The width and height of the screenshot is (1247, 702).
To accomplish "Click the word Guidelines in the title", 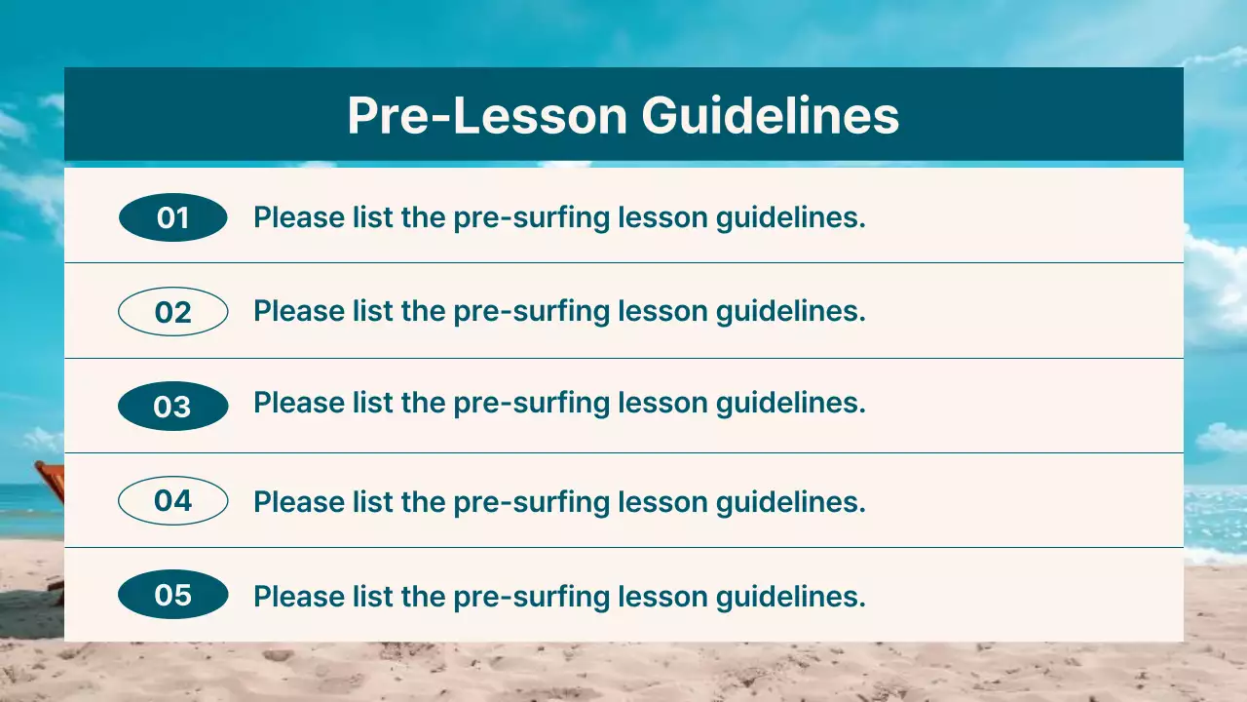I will click(770, 116).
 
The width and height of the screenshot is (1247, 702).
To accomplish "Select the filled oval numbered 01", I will click(172, 217).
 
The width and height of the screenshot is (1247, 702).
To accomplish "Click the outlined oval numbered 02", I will click(172, 312).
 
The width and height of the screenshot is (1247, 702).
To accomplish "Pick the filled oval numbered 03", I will click(172, 407).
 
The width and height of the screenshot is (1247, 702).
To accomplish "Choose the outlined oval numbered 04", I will click(172, 501).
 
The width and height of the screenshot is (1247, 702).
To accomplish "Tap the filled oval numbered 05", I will click(172, 595).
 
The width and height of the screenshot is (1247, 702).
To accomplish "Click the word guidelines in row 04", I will click(790, 502).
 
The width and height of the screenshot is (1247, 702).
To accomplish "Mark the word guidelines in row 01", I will click(790, 218).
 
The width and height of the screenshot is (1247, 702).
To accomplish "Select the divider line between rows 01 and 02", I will click(623, 262).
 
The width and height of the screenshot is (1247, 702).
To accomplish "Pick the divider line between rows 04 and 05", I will click(623, 547).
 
